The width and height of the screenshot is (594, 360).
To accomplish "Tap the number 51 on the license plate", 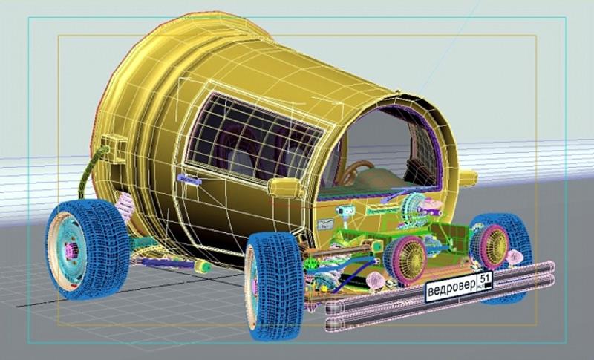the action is point(484,278).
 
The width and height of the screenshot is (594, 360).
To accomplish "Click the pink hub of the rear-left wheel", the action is point(70,250).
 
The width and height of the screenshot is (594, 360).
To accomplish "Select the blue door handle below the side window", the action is point(189,179).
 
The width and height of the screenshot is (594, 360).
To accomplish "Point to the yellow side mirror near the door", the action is point(285,188).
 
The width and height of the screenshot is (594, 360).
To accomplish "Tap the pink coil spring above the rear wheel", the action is point(125,207).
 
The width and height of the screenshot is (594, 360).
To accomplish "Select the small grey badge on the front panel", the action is point(325,224).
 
